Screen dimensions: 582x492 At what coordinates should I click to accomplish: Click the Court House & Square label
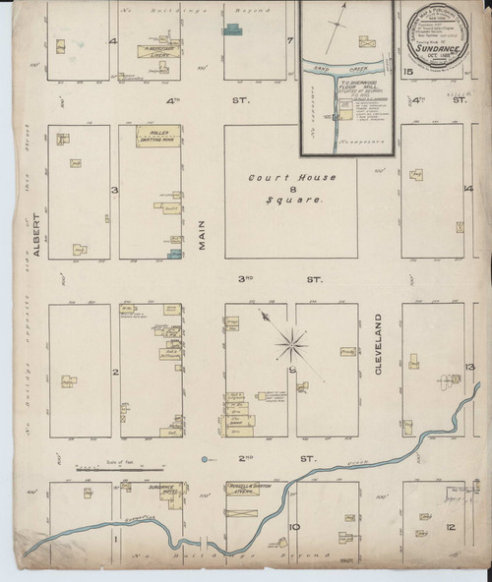pyautogui.click(x=291, y=188)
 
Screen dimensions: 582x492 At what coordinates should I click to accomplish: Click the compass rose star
pyautogui.click(x=291, y=343)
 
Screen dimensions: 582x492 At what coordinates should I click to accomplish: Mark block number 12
pyautogui.click(x=450, y=528)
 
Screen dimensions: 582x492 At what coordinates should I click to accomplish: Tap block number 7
pyautogui.click(x=290, y=40)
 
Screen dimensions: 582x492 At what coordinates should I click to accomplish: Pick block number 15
pyautogui.click(x=407, y=72)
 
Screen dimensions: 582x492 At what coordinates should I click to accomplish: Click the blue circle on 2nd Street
pyautogui.click(x=204, y=459)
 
